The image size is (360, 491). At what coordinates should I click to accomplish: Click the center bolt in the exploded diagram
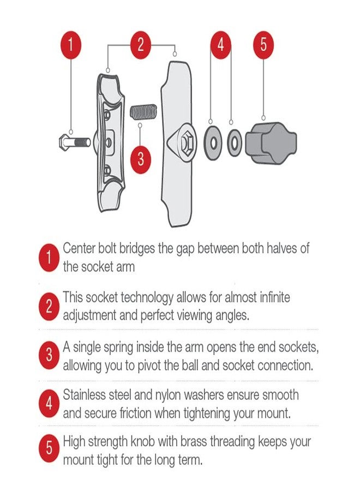click(73, 142)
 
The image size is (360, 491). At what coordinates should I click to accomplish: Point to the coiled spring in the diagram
click(144, 112)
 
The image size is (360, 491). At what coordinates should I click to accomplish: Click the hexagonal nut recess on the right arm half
click(185, 143)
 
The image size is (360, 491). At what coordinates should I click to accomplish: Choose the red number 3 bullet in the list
click(49, 356)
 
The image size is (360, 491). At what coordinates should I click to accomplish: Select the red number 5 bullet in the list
click(49, 450)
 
